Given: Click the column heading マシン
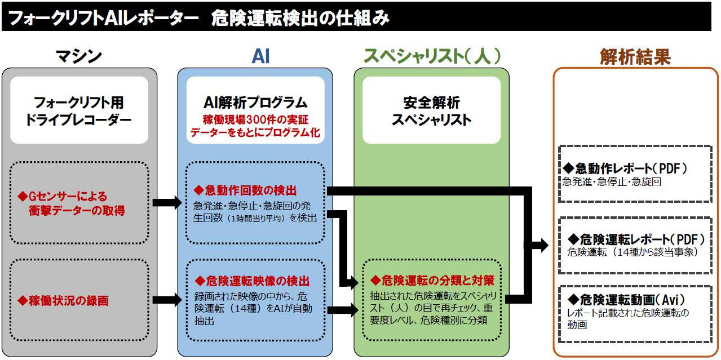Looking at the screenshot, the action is [79, 57].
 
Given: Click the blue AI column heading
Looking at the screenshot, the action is [260, 57].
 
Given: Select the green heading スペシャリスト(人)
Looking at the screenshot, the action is [432, 56].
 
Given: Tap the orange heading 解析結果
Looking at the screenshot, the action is [635, 57].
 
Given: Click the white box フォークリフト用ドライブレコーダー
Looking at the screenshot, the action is [79, 110].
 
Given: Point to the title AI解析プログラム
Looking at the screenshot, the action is [255, 103].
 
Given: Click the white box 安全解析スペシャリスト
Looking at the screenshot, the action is [431, 110].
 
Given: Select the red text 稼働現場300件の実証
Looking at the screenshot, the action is [255, 119].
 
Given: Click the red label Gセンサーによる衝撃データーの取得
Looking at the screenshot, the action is [72, 203].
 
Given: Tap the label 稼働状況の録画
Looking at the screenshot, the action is [63, 300].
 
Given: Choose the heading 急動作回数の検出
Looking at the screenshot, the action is [245, 190].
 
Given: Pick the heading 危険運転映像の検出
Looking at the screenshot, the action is [252, 281].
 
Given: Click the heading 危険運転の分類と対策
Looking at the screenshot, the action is [432, 281].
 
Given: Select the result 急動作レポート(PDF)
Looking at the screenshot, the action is [625, 168].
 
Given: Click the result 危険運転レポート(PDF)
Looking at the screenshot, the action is [636, 239].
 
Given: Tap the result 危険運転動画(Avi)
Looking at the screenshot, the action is [626, 300].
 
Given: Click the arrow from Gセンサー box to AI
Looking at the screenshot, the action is [167, 203].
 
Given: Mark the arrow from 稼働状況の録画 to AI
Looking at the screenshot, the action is [167, 300].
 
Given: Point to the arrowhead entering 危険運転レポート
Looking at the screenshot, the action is [543, 246].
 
